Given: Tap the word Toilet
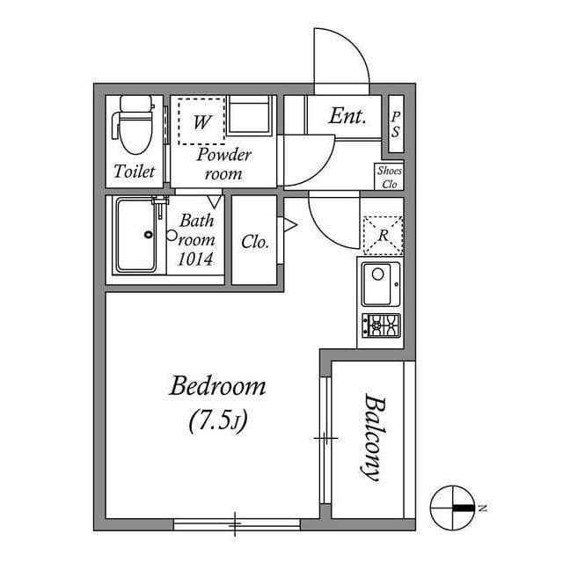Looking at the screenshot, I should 135,172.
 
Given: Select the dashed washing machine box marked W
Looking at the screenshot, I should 201,121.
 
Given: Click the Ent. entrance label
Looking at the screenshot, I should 348,116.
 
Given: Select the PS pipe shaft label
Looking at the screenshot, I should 396,124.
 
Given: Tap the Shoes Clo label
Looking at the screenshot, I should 389,178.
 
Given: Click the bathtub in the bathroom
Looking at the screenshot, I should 136,235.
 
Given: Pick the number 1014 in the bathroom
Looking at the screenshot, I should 195,259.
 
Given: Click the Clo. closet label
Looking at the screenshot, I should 255,242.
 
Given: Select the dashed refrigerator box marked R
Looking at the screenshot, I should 382,235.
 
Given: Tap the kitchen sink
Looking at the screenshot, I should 380,283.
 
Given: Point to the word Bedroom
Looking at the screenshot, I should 218,386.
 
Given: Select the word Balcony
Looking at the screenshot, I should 371,437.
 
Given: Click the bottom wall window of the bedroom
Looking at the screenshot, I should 236,525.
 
